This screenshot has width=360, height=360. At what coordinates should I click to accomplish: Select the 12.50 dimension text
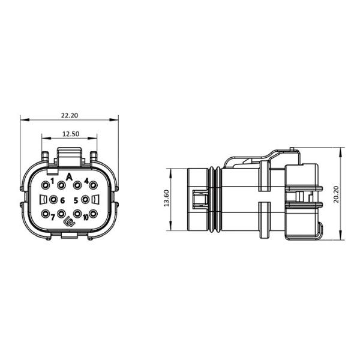pyautogui.click(x=70, y=134)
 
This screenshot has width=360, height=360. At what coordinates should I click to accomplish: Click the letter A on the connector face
pyautogui.click(x=70, y=176)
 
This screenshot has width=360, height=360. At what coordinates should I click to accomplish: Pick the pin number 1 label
pyautogui.click(x=52, y=181)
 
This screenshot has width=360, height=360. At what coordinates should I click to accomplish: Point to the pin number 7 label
pyautogui.click(x=52, y=217)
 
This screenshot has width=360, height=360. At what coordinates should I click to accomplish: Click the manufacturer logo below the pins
pyautogui.click(x=70, y=224)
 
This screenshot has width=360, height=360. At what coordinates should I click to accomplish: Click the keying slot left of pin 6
pyautogui.click(x=43, y=199)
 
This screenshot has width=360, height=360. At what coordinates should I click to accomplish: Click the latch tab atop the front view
pyautogui.click(x=70, y=157)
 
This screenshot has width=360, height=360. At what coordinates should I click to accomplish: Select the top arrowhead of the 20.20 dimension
pyautogui.click(x=340, y=150)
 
